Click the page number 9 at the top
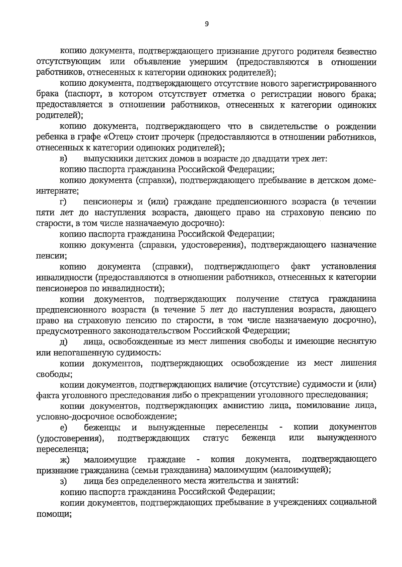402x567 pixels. pos(206,24)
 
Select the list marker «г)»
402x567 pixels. pos(63,202)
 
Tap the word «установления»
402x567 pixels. pos(349,267)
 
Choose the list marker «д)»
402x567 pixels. pos(63,342)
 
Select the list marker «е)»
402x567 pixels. pos(63,427)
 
